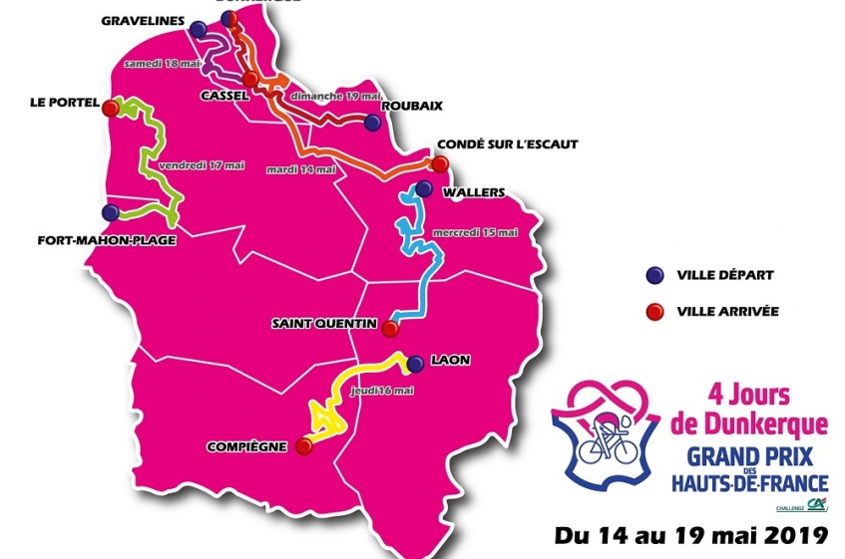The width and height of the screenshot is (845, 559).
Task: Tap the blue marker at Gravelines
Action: coord(200,29)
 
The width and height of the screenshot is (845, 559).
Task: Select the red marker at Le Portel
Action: coord(110,107)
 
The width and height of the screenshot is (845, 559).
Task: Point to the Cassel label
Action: coord(224,98)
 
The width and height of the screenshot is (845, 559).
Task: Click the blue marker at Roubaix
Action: coord(372,123)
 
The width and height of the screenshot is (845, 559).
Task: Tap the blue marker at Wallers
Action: coord(423,189)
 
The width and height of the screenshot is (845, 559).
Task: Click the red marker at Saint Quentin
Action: coord(391,328)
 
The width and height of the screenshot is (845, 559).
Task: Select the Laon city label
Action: coord(452,361)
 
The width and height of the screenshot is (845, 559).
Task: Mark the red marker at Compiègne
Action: coord(304,447)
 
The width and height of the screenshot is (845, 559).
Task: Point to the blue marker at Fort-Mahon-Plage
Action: coord(110,212)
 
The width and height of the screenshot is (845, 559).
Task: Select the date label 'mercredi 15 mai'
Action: coord(475,233)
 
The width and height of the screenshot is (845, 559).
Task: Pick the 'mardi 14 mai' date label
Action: coord(300,169)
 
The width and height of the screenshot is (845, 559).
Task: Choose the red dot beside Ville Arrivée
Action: coord(655,311)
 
